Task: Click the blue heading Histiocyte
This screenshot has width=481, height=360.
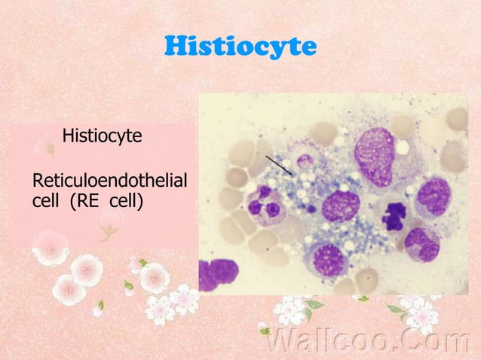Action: click(240, 47)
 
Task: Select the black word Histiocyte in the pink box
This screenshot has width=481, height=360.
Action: click(102, 136)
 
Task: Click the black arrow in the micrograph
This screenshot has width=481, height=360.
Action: click(279, 164)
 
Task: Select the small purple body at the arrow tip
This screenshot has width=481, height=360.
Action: click(305, 160)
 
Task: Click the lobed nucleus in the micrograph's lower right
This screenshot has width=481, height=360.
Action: click(422, 243)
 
